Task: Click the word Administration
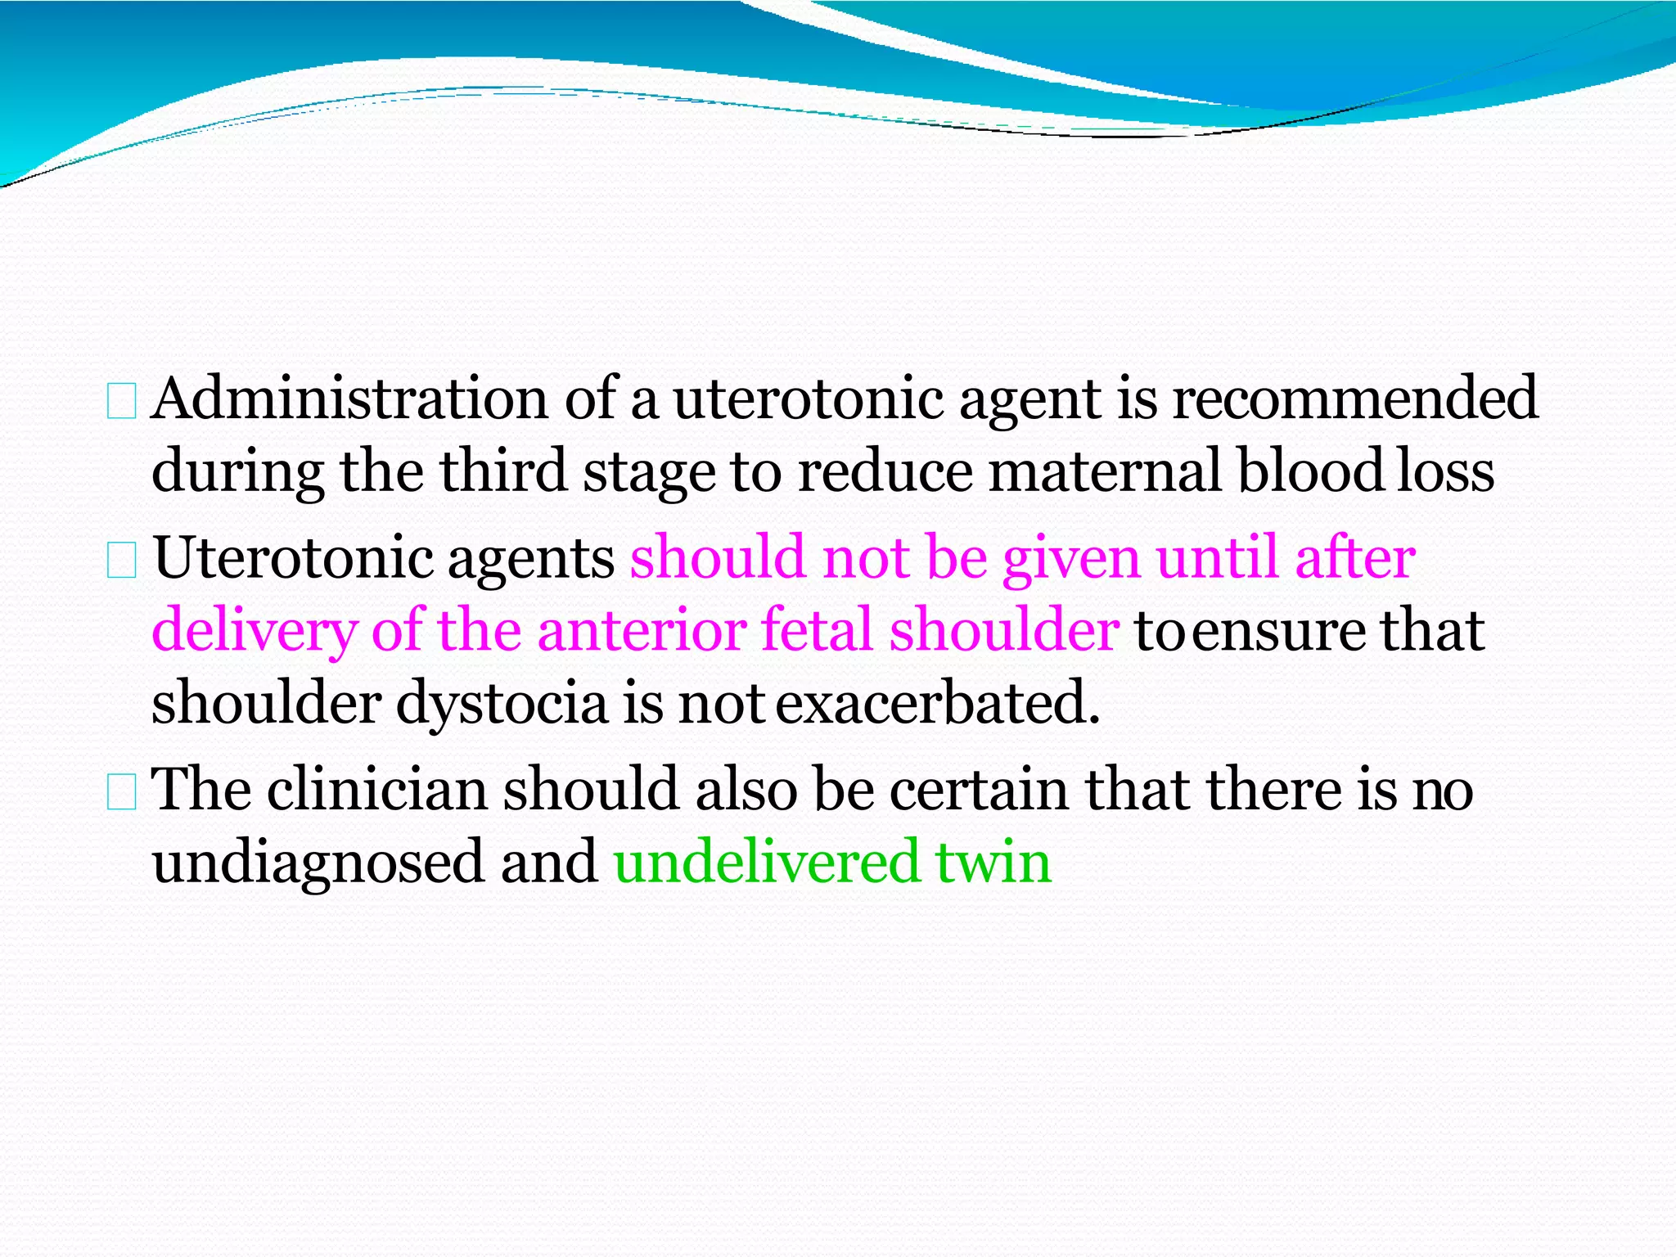click(349, 399)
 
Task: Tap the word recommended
click(1355, 399)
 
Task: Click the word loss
click(1445, 473)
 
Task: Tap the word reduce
click(885, 471)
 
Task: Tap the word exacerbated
click(937, 703)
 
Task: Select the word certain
click(979, 791)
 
